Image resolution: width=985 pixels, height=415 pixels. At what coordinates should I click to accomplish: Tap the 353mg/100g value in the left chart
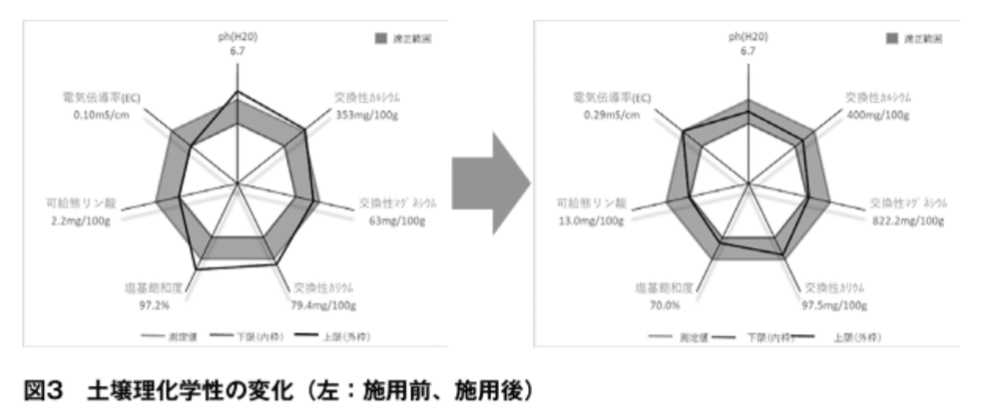[366, 114]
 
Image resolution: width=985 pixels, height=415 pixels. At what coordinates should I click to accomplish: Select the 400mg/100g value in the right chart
[877, 114]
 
